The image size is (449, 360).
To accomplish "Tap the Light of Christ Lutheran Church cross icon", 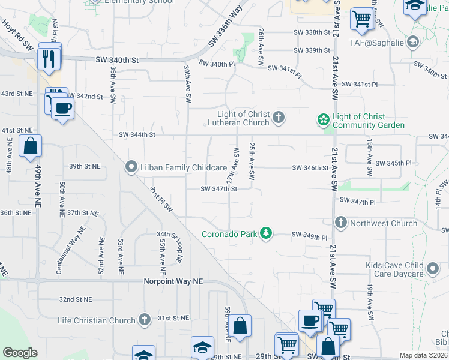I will point(278,118).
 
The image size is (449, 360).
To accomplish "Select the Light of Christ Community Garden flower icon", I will point(324,120).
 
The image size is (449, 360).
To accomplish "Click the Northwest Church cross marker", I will point(341,223).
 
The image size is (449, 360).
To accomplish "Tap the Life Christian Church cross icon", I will point(144,320).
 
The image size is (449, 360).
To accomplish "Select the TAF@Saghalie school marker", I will point(412,42).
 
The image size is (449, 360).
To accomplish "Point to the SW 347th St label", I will point(219,188).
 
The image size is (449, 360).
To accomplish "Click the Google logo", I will point(20,352).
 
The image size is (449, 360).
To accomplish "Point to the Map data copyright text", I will point(423,355).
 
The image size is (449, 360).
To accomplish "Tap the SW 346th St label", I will point(310,169).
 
